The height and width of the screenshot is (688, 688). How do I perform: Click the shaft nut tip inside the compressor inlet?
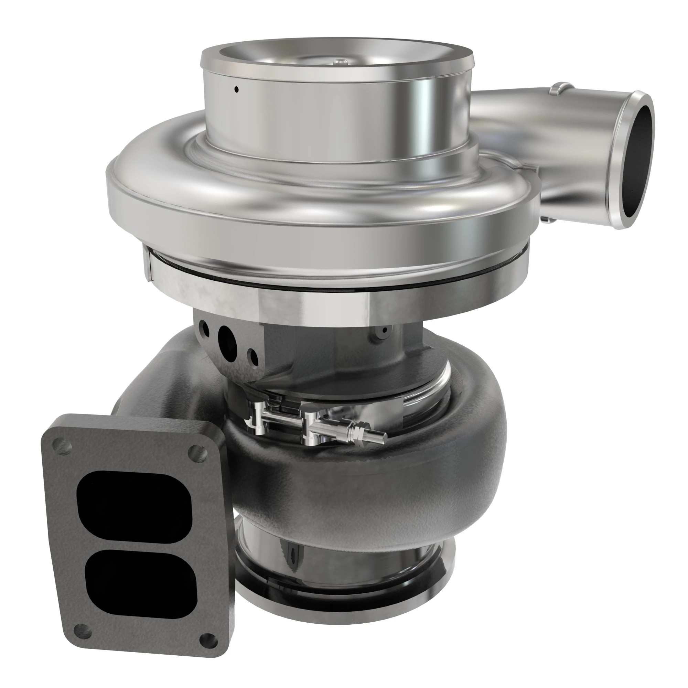click(338, 63)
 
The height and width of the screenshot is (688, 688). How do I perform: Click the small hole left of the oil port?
click(204, 325)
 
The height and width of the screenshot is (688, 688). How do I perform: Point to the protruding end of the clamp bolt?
click(379, 435)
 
